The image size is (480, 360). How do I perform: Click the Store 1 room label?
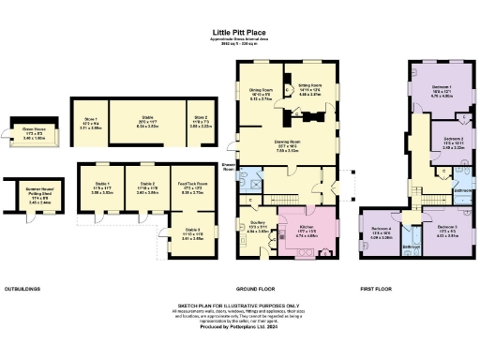coord(90,121)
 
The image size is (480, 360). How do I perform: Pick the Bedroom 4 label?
coord(380,234)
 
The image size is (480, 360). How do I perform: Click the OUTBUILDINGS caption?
coord(25,288)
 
